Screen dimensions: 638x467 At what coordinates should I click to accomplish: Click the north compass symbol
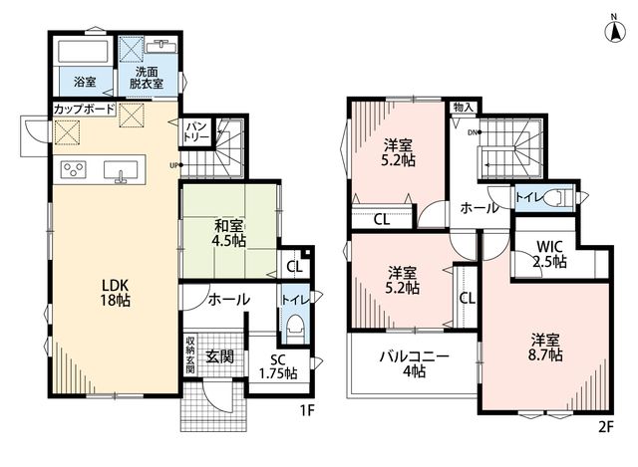click(x=614, y=31)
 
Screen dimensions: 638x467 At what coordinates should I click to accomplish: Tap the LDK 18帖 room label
click(x=116, y=293)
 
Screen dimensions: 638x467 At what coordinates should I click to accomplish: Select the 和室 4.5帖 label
click(x=228, y=233)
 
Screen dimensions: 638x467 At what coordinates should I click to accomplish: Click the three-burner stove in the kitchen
click(x=73, y=168)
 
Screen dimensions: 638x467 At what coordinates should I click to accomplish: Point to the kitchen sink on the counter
click(x=121, y=170)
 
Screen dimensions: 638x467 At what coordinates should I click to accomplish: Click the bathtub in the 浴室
click(x=83, y=52)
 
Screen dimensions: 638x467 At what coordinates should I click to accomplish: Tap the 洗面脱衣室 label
click(x=147, y=78)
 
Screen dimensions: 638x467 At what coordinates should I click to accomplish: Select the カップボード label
click(x=85, y=110)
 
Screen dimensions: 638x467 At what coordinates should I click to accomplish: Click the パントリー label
click(x=196, y=131)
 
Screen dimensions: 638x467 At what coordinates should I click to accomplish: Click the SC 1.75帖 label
click(x=278, y=366)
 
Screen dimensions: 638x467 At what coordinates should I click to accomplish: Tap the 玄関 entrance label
click(x=219, y=356)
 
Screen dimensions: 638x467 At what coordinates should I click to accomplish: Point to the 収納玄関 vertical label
click(x=190, y=354)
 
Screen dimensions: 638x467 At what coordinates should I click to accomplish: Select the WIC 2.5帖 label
click(x=549, y=254)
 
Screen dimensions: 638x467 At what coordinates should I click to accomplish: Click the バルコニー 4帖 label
click(x=415, y=364)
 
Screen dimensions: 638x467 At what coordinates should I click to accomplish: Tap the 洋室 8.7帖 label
click(x=545, y=348)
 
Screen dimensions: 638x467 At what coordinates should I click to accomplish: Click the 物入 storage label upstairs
click(x=464, y=108)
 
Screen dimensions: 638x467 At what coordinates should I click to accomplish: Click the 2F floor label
click(x=605, y=427)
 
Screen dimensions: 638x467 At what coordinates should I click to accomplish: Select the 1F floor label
click(x=308, y=411)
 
